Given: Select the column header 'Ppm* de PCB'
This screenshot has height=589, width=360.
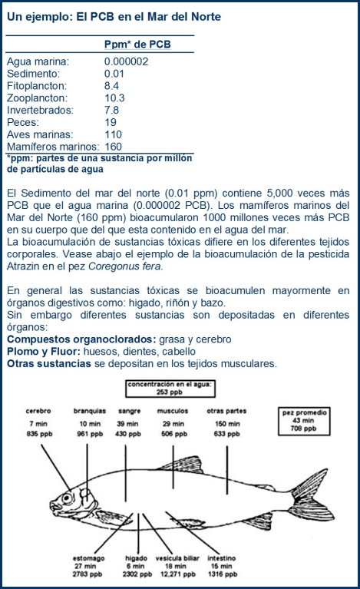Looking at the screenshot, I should tap(137, 45).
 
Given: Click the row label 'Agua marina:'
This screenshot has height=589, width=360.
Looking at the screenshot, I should tap(38, 61).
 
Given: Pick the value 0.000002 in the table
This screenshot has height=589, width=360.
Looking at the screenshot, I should tap(127, 61).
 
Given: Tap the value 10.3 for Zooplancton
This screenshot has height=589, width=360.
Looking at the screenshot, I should tap(114, 98).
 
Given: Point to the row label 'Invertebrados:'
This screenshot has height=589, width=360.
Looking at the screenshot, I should tap(40, 111).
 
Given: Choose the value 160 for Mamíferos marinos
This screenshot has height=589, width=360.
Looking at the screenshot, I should tap(114, 147).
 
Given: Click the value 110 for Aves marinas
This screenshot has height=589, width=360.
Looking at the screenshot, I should tap(114, 134).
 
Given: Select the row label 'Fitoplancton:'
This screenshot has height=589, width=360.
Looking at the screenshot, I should tap(37, 86).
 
